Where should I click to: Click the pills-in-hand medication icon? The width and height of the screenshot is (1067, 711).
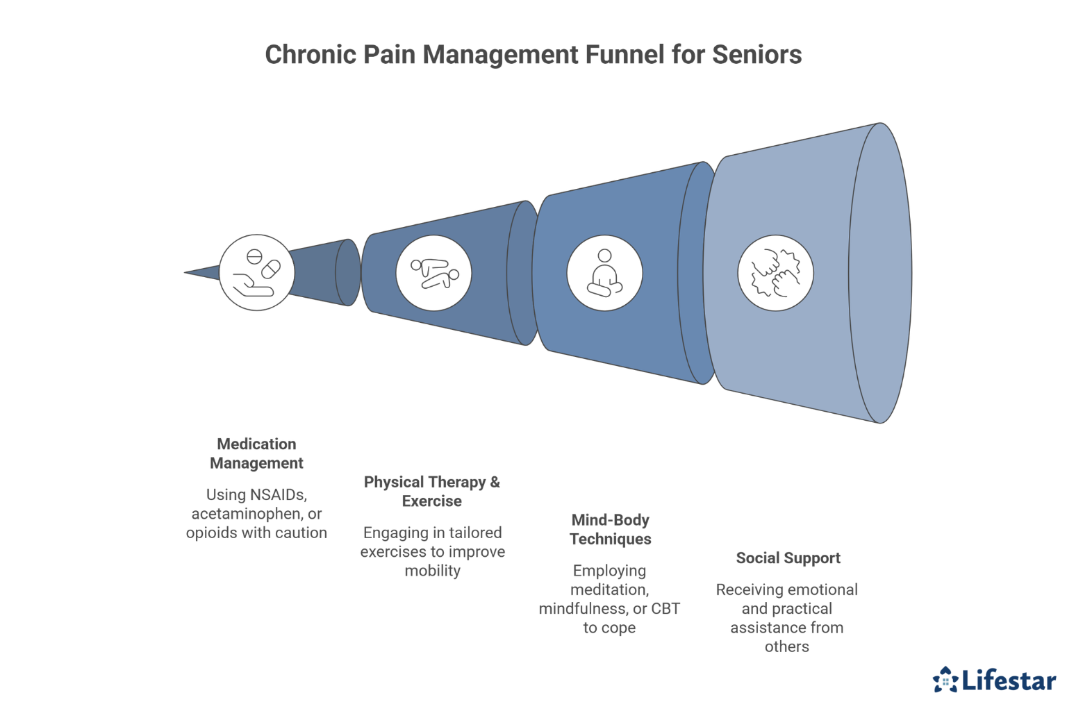pyautogui.click(x=257, y=272)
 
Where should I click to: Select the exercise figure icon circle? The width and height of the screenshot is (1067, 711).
pyautogui.click(x=433, y=273)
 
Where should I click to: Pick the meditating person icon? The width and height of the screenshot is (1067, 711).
pyautogui.click(x=604, y=273)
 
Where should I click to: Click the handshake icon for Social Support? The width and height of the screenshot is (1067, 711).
pyautogui.click(x=775, y=273)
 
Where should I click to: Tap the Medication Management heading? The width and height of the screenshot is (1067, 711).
pyautogui.click(x=256, y=453)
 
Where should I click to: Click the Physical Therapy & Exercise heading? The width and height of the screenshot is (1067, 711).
pyautogui.click(x=432, y=492)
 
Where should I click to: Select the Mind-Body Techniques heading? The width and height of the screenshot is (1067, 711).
pyautogui.click(x=610, y=529)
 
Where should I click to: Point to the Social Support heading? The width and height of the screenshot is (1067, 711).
pyautogui.click(x=788, y=558)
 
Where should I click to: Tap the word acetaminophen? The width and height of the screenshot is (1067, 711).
pyautogui.click(x=247, y=514)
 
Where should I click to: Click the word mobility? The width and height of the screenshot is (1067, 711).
pyautogui.click(x=432, y=571)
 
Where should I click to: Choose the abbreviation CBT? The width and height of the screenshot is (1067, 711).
pyautogui.click(x=665, y=609)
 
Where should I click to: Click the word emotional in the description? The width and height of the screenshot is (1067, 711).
pyautogui.click(x=821, y=590)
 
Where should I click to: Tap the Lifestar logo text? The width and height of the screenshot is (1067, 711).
pyautogui.click(x=1009, y=680)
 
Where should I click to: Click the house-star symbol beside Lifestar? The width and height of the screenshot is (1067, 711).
pyautogui.click(x=945, y=680)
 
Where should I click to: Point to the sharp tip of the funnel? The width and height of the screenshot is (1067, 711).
pyautogui.click(x=186, y=272)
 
